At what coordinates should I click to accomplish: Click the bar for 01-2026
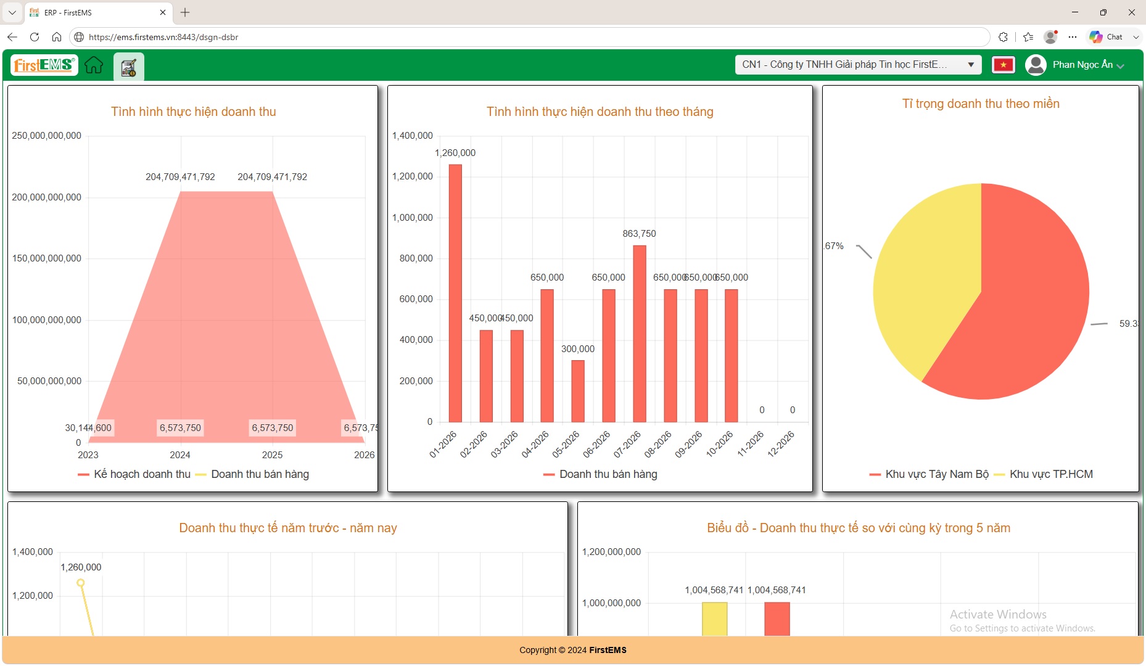(x=455, y=294)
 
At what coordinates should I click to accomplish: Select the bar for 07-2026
(x=640, y=334)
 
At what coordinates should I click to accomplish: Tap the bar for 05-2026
(x=578, y=392)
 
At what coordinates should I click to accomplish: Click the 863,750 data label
(x=639, y=234)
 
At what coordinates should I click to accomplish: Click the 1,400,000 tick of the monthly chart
(x=413, y=136)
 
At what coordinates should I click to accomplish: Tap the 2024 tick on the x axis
(x=180, y=455)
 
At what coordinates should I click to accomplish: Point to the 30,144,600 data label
(x=88, y=428)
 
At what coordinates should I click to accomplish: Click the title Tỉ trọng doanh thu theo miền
(x=981, y=104)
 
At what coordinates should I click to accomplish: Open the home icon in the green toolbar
(x=94, y=65)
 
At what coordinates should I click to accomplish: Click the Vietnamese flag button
(x=1004, y=65)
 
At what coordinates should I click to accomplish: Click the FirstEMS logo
(x=43, y=65)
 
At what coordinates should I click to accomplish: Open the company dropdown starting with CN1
(x=858, y=65)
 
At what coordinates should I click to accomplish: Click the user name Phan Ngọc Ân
(x=1082, y=65)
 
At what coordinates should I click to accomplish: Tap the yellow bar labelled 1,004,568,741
(x=714, y=619)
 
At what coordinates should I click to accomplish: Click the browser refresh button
(x=35, y=37)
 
